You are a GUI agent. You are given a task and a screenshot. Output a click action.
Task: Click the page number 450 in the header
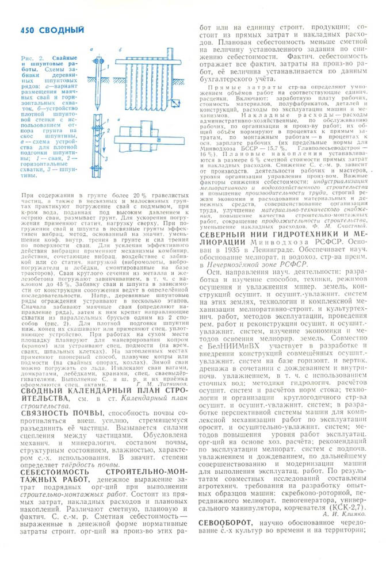click(28, 29)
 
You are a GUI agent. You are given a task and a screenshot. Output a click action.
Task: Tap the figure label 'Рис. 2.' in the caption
click(29, 59)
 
